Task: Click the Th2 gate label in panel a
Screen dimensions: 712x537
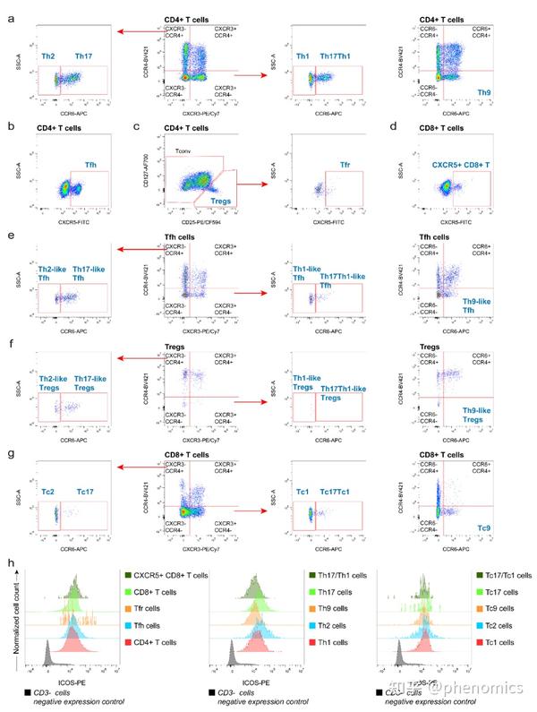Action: (x=49, y=56)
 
